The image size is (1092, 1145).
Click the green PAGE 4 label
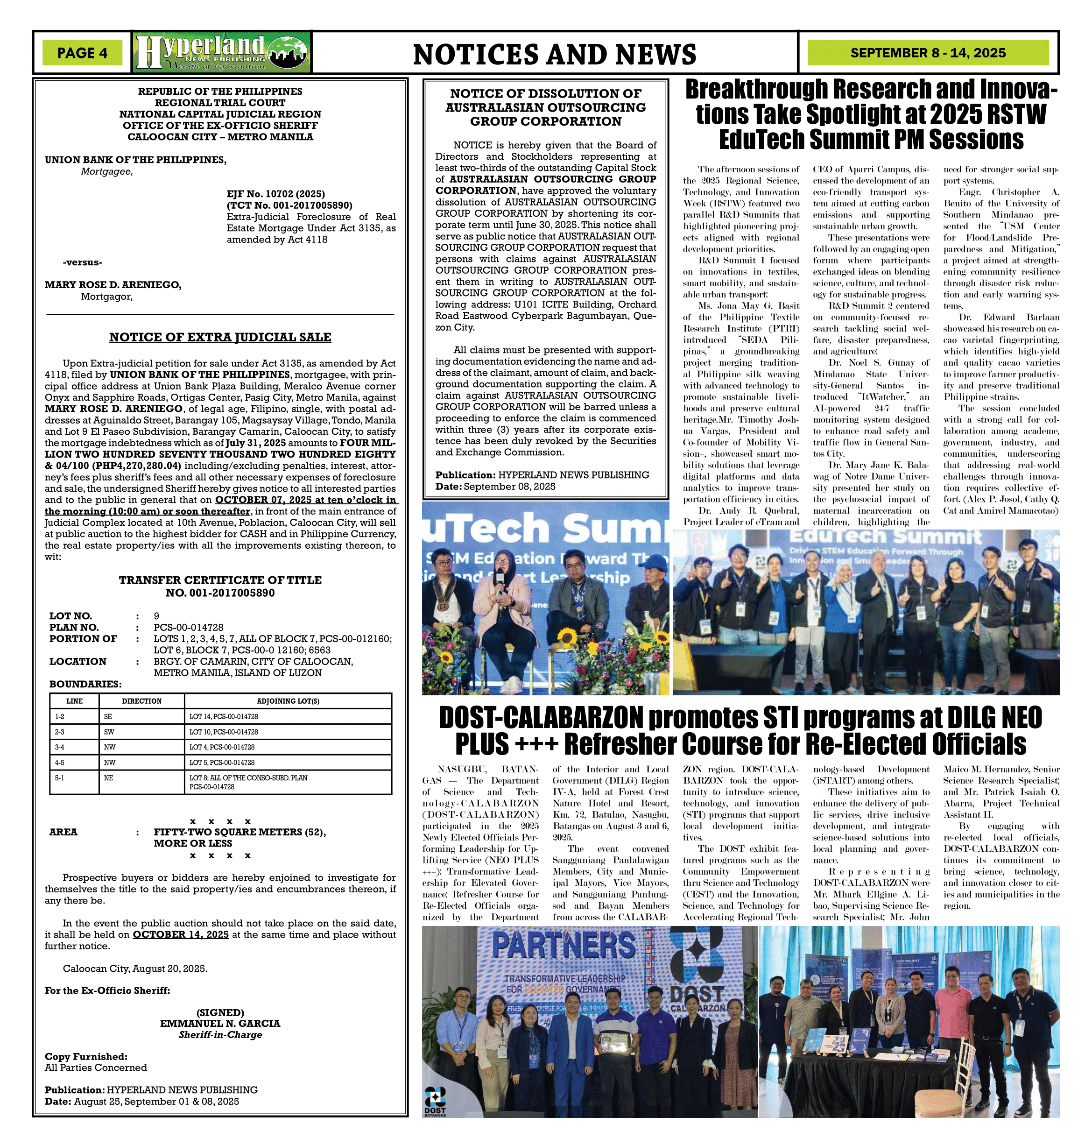(x=82, y=53)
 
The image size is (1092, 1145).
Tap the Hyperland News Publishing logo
(x=222, y=52)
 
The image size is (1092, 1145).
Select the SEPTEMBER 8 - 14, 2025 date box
(x=927, y=53)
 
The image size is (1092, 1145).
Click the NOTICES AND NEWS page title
(x=554, y=55)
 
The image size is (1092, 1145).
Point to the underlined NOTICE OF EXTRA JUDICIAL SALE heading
(x=220, y=337)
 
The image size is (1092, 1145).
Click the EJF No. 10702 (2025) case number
(x=275, y=194)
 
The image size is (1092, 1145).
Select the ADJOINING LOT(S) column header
(x=288, y=701)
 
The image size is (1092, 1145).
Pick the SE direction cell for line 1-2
(x=108, y=717)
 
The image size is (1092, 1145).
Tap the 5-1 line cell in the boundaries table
(x=60, y=777)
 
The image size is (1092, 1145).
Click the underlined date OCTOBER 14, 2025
(x=181, y=934)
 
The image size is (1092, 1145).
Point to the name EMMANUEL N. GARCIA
(x=220, y=1023)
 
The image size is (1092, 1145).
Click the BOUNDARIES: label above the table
(x=85, y=684)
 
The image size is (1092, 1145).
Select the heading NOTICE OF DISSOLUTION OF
(x=545, y=94)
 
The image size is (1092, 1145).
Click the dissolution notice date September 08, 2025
(x=509, y=487)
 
